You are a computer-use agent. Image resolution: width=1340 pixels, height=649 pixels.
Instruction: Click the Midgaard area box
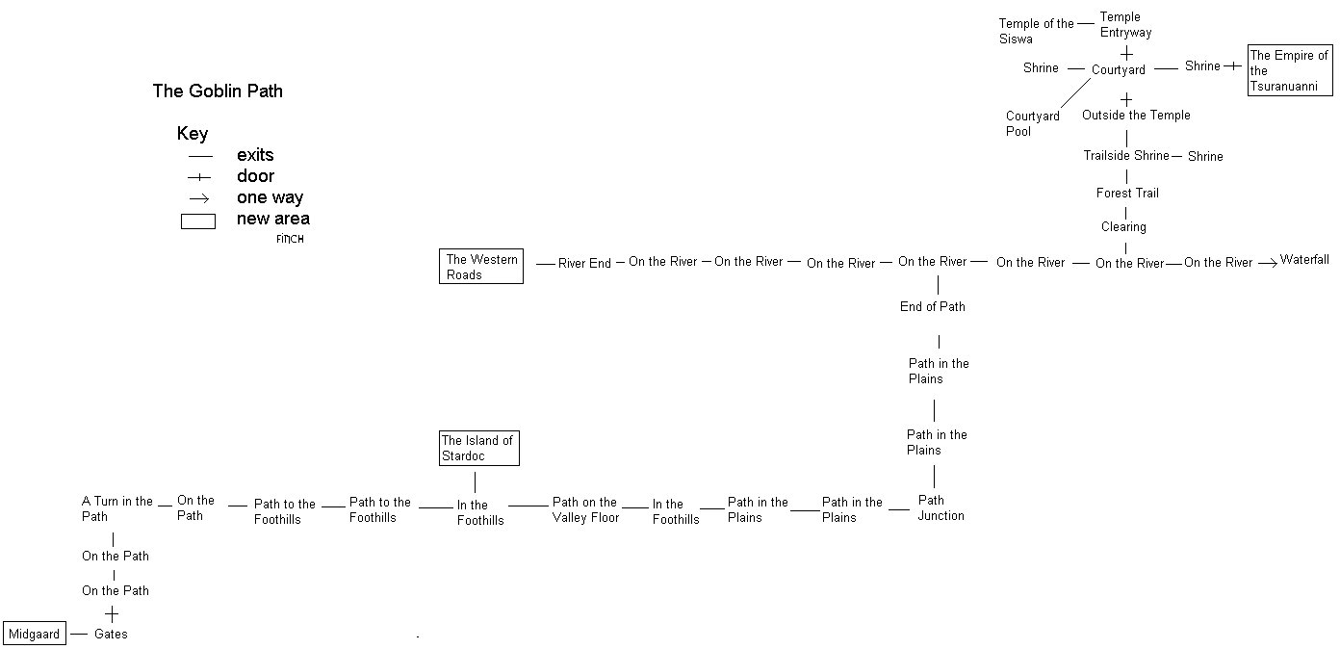click(x=36, y=634)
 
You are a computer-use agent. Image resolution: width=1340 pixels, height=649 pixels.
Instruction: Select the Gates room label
click(x=111, y=635)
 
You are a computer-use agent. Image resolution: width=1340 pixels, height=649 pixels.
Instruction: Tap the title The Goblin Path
click(x=218, y=91)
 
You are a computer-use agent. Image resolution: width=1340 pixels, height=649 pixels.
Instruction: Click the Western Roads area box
click(x=481, y=267)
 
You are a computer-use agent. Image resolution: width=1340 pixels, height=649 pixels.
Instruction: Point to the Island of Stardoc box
click(x=478, y=448)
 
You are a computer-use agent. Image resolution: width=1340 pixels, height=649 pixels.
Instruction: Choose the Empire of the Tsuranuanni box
click(x=1290, y=70)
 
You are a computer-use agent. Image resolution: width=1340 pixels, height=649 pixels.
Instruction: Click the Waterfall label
click(x=1304, y=260)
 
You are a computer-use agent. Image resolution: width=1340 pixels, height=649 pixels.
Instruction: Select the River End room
click(x=584, y=263)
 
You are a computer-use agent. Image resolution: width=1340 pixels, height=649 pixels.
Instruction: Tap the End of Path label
click(x=932, y=306)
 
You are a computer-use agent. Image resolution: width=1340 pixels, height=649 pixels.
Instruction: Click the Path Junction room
click(x=941, y=507)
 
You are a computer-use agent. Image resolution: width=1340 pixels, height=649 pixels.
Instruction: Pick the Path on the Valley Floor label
click(x=584, y=509)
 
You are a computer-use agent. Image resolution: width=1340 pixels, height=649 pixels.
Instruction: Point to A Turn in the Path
click(x=116, y=508)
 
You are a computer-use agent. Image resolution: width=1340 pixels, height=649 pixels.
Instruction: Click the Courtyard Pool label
click(x=1033, y=123)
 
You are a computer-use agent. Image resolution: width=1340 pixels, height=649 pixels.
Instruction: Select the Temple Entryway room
click(x=1125, y=24)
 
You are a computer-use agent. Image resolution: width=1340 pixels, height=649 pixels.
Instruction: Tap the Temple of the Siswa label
click(x=1036, y=31)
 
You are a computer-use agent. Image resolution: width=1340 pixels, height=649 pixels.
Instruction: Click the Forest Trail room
click(x=1127, y=193)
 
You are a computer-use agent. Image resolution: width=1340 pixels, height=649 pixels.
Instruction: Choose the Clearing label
click(x=1123, y=227)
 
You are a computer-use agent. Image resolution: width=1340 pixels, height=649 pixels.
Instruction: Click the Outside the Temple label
click(x=1136, y=115)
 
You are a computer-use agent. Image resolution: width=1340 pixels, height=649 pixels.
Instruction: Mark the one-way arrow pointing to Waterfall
click(x=1266, y=261)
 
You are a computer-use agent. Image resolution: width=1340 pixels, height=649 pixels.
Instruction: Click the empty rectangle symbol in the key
click(x=198, y=221)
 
